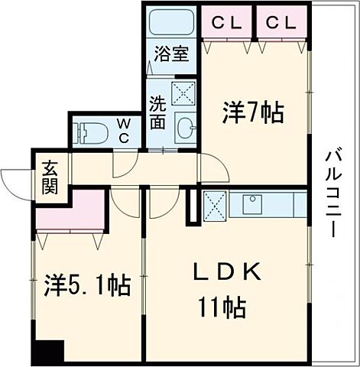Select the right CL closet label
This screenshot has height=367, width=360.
point(281,23)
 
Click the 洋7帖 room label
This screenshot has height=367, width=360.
point(253,113)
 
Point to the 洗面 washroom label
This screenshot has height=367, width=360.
point(158,112)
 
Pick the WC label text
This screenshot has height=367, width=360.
point(124,132)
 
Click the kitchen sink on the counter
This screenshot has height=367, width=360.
point(252,204)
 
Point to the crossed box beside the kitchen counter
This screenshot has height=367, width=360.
point(215,204)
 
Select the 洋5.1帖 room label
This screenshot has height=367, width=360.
point(86,287)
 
